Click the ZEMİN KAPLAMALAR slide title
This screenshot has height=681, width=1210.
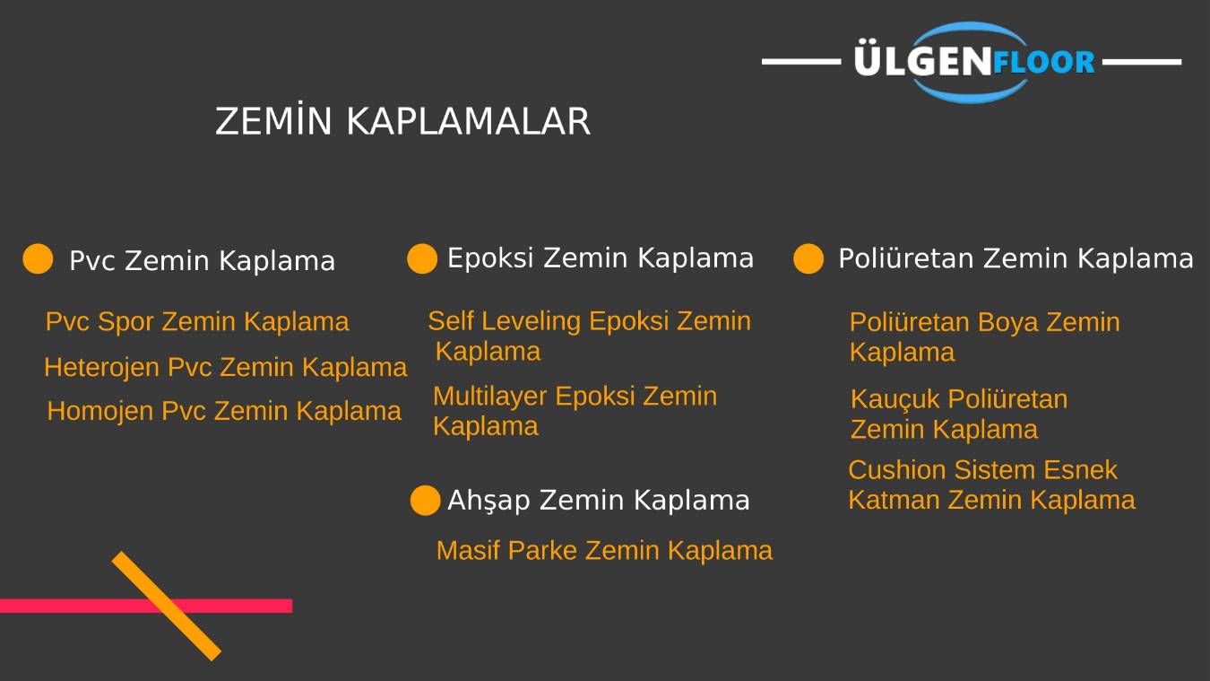(x=402, y=122)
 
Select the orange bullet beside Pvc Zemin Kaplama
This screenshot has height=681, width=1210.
(x=38, y=259)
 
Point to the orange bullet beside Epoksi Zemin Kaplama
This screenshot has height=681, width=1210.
(x=422, y=258)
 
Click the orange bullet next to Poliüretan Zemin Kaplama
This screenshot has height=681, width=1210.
(x=808, y=258)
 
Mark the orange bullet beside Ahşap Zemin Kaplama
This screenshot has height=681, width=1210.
(x=426, y=501)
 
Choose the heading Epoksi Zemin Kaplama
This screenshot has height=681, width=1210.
(x=600, y=258)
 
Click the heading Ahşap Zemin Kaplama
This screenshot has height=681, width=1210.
(x=598, y=500)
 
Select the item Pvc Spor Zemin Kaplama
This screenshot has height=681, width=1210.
(x=197, y=321)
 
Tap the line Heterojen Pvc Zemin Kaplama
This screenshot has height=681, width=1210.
(x=225, y=367)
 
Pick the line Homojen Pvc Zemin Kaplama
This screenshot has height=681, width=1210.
(x=224, y=411)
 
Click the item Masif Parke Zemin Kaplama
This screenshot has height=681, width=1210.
(x=604, y=550)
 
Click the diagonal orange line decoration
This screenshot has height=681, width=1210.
(x=167, y=607)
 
